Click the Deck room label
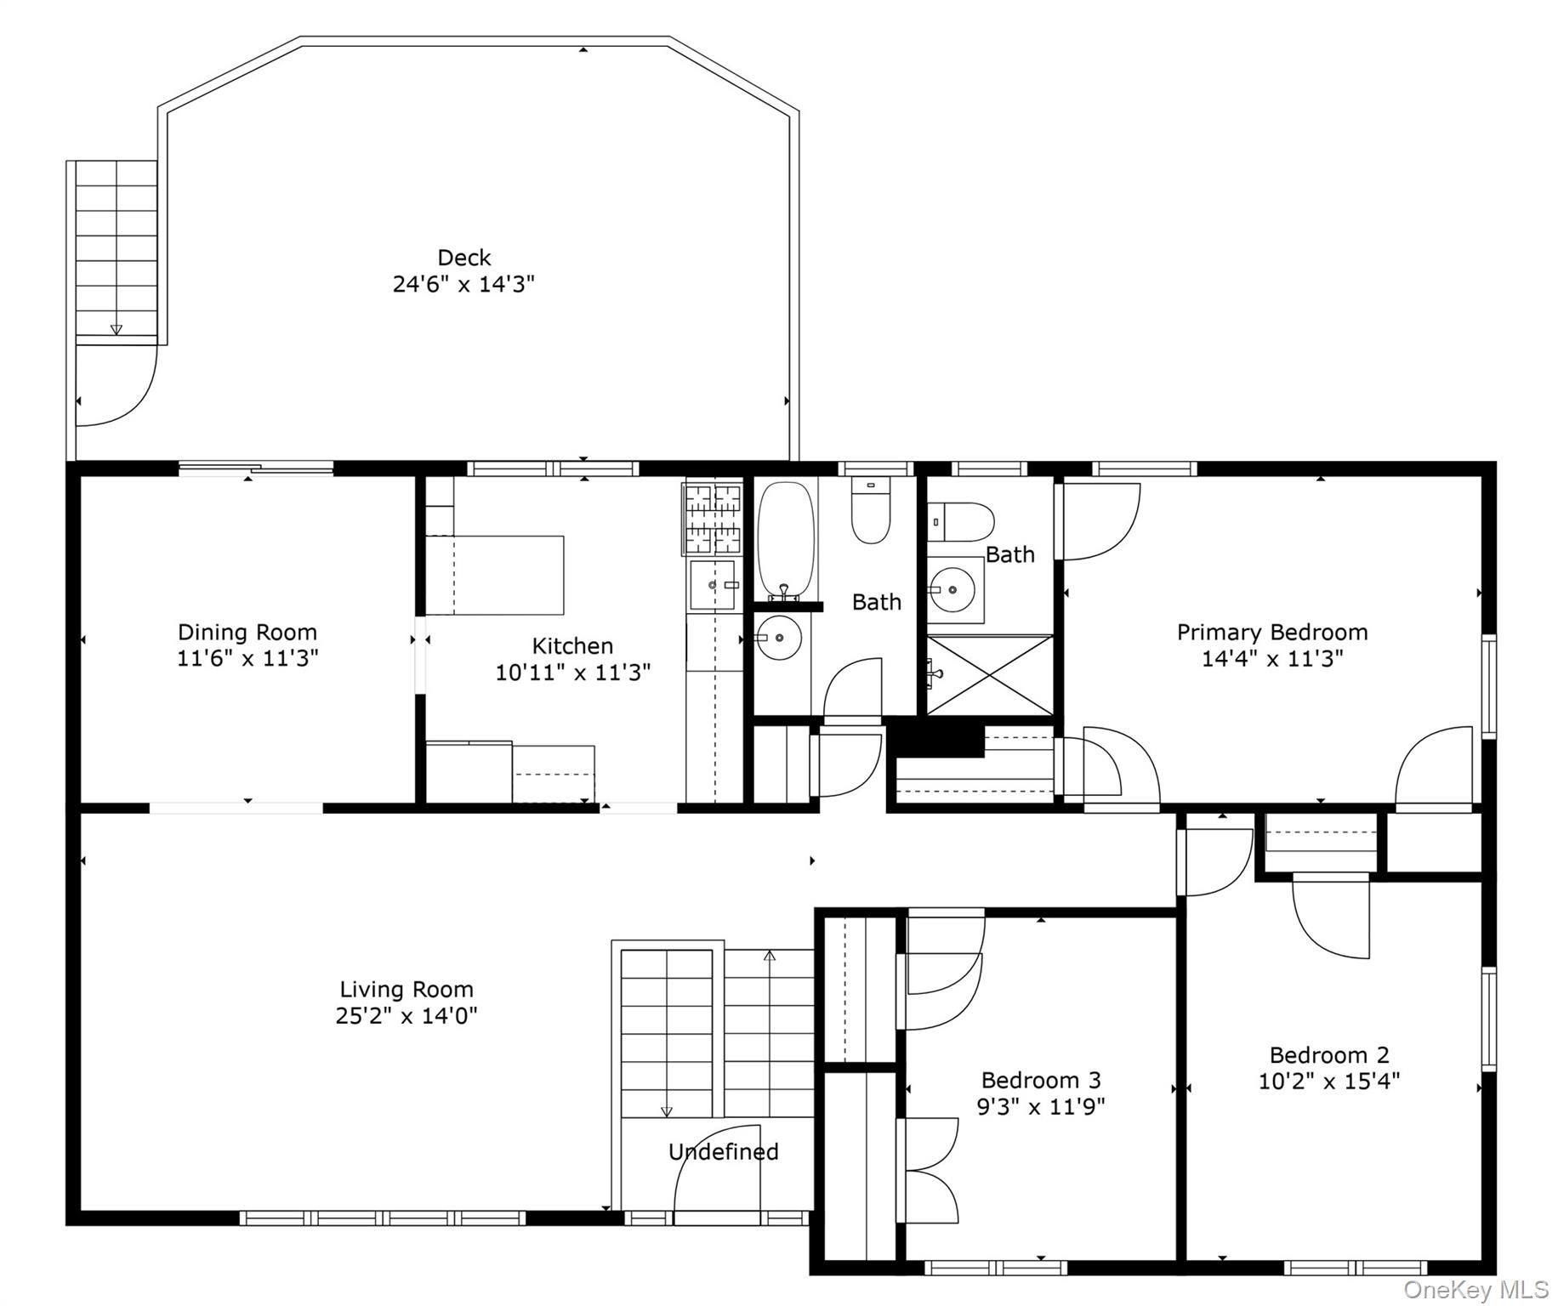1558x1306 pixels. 464,258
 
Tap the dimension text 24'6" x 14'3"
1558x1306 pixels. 463,284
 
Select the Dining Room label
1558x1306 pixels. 247,633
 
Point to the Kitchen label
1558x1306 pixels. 572,646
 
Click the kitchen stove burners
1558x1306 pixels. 712,518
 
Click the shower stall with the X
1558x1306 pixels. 990,675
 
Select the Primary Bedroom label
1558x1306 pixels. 1272,633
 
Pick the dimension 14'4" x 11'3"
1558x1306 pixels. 1272,659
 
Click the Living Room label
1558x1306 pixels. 407,990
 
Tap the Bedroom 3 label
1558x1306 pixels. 1041,1081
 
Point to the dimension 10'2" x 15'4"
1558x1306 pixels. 1329,1081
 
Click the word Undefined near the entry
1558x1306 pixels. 724,1152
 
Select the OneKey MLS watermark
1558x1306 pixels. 1476,1290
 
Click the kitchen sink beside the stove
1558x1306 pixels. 713,584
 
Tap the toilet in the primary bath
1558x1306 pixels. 961,521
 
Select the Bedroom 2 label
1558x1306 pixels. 1329,1055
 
